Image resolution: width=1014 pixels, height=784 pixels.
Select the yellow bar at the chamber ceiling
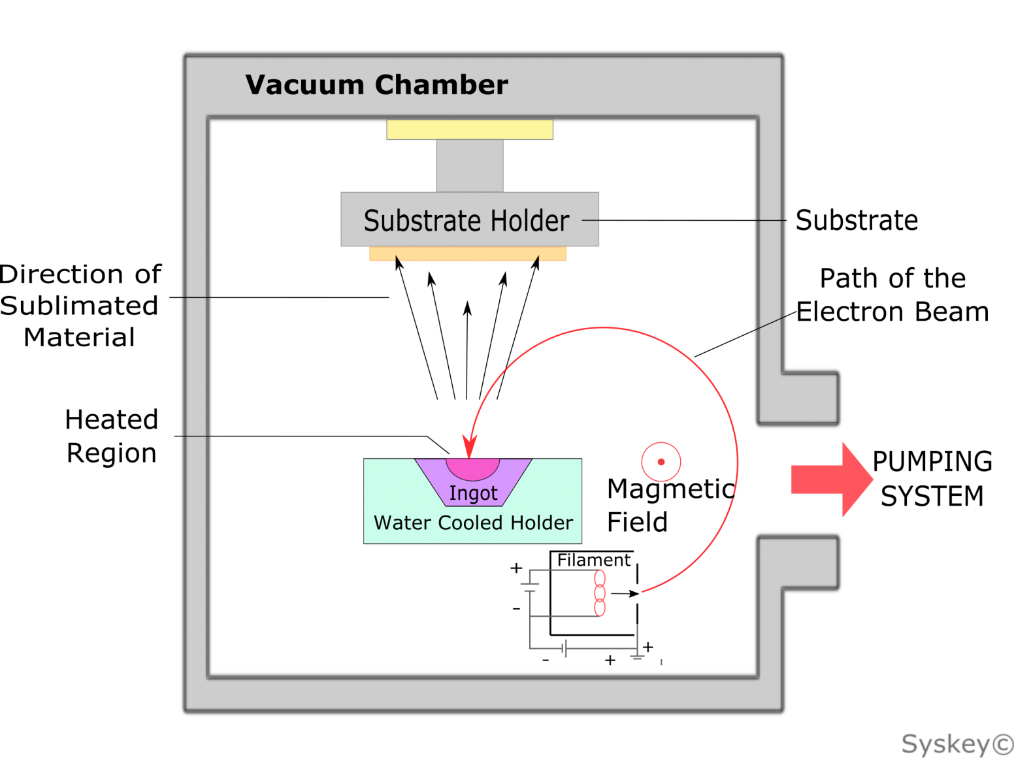coord(469,129)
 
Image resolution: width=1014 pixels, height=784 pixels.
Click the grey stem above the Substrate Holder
coord(470,165)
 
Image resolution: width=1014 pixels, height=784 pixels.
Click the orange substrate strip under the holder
coord(468,254)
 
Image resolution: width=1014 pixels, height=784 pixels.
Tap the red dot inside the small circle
coord(661,462)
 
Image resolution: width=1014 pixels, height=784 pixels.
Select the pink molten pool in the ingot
coord(472,468)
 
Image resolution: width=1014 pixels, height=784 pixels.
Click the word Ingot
coord(473,493)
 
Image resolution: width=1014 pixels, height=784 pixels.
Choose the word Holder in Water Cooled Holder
coord(541,523)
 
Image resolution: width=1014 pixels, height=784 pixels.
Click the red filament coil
coord(600,593)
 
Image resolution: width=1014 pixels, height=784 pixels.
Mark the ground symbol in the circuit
coord(638,655)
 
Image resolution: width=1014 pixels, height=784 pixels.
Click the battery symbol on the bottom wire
coord(564,649)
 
